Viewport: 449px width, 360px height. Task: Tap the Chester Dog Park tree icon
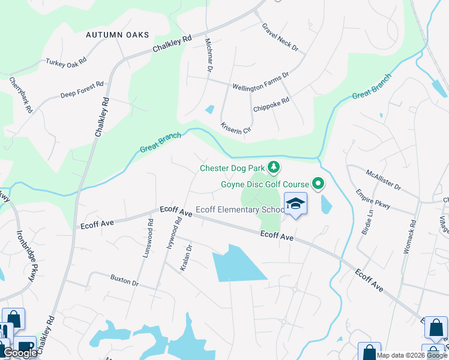274,166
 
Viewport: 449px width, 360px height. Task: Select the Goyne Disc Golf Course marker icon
319,184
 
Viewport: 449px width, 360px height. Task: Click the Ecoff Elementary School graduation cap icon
295,204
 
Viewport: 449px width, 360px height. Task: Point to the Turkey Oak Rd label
66,61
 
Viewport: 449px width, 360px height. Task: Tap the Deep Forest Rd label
82,89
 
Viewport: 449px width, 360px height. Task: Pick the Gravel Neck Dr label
280,37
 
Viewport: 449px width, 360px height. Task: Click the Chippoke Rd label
271,105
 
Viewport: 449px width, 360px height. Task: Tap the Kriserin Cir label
235,128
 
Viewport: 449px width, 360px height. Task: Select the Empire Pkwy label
373,199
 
